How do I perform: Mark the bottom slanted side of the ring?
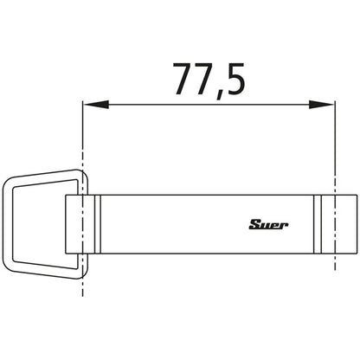point(43,267)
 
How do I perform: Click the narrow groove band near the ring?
point(96,222)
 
